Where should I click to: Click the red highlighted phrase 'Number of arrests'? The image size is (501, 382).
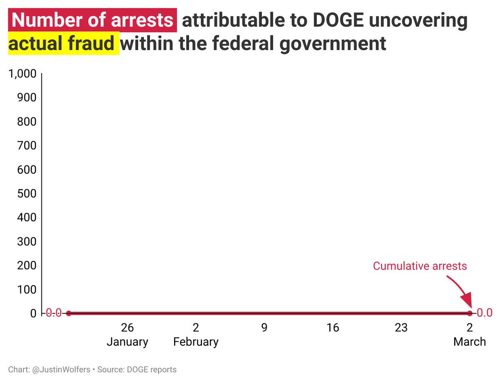92,20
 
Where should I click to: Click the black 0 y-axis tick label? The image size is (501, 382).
33,314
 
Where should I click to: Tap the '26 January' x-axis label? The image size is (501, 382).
127,335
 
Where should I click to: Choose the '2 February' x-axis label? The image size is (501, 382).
196,335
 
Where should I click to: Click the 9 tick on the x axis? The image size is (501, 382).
264,328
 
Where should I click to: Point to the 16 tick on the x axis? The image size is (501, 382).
333,328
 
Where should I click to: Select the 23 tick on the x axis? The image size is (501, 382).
401,328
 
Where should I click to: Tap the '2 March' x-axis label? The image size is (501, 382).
470,335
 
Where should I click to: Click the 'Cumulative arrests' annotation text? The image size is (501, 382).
420,266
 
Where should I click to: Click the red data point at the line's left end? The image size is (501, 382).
69,313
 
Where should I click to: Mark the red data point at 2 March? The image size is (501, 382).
470,313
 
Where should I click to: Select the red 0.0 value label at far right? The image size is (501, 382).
485,313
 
